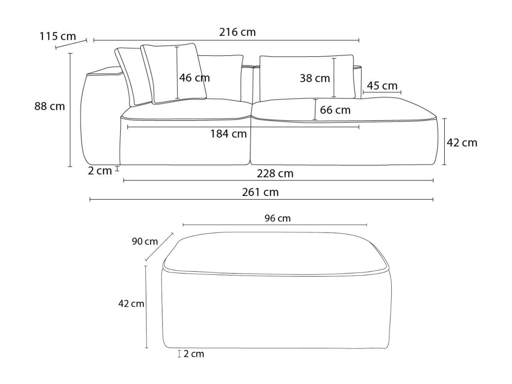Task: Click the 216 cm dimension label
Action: (x=237, y=32)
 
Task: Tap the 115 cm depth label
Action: (x=58, y=36)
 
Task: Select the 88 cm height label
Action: (x=49, y=106)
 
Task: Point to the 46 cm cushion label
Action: (x=195, y=78)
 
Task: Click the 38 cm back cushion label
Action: (x=314, y=78)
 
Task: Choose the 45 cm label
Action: (x=382, y=86)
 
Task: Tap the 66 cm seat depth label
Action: (x=335, y=110)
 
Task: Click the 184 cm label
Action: (x=228, y=134)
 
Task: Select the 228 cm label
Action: (x=275, y=174)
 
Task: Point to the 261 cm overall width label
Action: (x=260, y=192)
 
